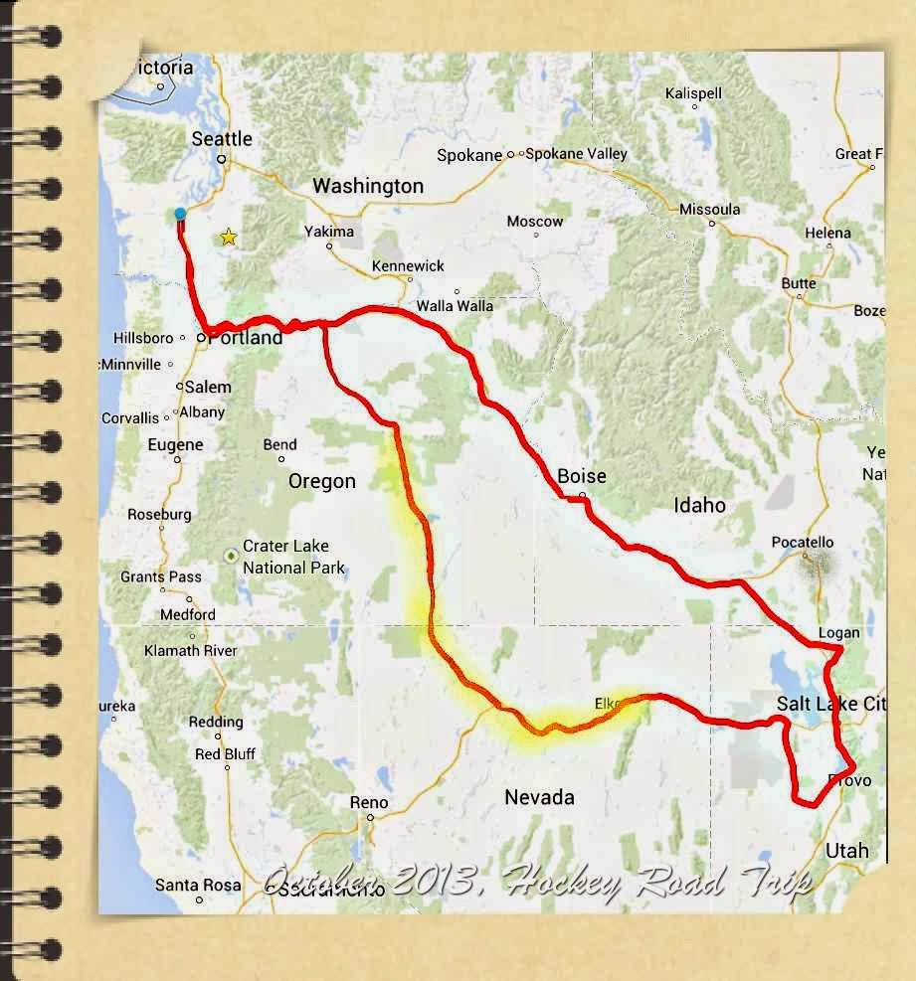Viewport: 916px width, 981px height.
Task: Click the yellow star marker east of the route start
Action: [x=229, y=237]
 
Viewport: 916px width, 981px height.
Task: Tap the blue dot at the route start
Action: [x=180, y=214]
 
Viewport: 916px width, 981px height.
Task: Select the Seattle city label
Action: [x=222, y=139]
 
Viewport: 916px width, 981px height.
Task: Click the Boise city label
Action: [x=582, y=476]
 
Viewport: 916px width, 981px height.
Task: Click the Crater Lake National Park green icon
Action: [x=231, y=555]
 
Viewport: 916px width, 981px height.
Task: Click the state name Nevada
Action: [x=539, y=797]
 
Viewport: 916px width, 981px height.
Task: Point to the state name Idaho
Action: [x=699, y=505]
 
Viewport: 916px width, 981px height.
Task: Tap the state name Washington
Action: [x=368, y=186]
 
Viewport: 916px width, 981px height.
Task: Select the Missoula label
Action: [x=710, y=209]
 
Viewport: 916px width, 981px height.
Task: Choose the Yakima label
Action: [x=329, y=232]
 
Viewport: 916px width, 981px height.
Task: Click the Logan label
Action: [x=838, y=632]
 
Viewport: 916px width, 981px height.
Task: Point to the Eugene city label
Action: [x=175, y=445]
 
